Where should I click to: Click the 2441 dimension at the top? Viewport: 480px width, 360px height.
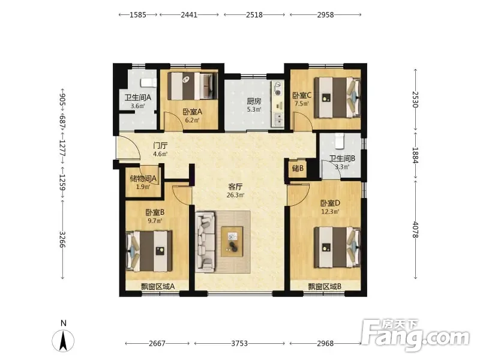click(189, 14)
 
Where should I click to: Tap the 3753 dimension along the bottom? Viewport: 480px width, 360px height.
click(239, 343)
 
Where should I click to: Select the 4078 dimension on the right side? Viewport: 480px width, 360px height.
click(415, 229)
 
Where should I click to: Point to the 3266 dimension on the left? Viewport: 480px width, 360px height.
click(62, 239)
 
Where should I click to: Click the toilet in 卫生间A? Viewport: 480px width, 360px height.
click(148, 82)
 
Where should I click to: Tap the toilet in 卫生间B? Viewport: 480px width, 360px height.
click(340, 140)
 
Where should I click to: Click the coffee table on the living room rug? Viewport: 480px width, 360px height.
click(232, 242)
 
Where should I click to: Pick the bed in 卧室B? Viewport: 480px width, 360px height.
click(149, 251)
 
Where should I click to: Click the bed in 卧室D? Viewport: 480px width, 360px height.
click(337, 247)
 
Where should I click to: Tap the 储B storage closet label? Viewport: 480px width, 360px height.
click(298, 168)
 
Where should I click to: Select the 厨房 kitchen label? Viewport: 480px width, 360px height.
click(254, 101)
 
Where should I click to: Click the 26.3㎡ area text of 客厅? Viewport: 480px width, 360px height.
click(235, 195)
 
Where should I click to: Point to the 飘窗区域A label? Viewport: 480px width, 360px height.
click(158, 287)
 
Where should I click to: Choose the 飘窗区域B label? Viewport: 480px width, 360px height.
click(325, 287)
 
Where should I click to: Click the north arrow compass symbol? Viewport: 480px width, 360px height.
click(63, 340)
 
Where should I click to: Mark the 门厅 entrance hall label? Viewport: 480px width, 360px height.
click(160, 146)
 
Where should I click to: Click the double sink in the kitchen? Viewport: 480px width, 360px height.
click(278, 119)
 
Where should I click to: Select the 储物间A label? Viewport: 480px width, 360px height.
click(143, 178)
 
